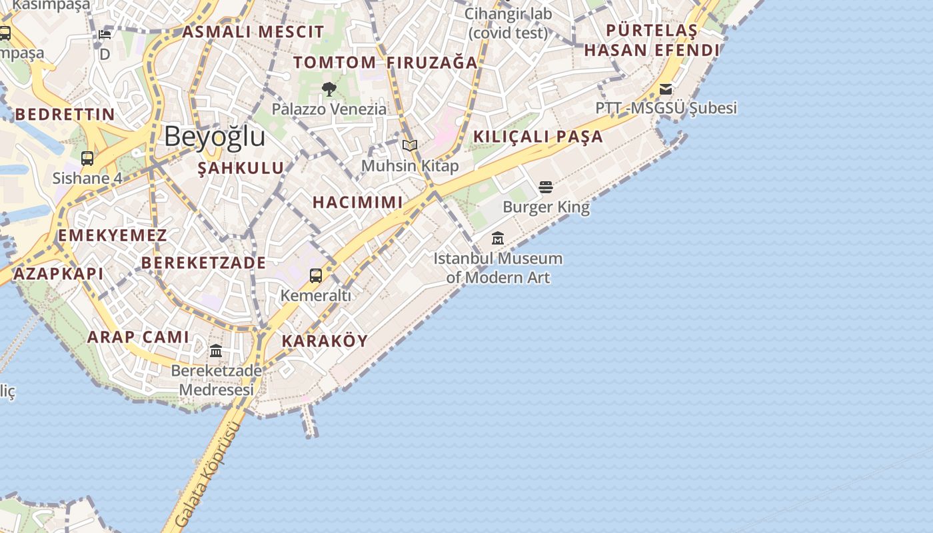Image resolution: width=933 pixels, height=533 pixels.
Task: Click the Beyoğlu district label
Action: click(x=214, y=137)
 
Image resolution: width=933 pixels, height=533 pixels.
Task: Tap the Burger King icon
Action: click(x=546, y=187)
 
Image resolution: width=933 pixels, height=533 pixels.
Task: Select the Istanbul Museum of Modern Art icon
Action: click(x=498, y=238)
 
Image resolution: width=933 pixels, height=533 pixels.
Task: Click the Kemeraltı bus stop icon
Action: click(x=316, y=275)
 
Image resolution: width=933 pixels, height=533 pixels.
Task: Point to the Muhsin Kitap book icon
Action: click(x=409, y=145)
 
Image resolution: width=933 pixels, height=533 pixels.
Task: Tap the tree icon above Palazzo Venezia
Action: click(x=329, y=89)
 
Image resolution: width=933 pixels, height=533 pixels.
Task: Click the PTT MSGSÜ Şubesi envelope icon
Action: click(x=665, y=89)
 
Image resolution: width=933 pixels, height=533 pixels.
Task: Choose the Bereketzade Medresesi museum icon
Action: click(x=216, y=350)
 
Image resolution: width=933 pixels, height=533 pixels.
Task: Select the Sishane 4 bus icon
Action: click(x=87, y=159)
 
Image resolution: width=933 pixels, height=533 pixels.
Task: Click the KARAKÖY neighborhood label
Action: click(x=325, y=341)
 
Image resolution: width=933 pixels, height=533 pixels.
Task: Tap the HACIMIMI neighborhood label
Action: click(x=358, y=203)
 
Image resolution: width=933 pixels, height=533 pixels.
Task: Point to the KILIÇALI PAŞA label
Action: click(x=538, y=137)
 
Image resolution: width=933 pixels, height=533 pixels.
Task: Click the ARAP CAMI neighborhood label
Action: click(x=139, y=337)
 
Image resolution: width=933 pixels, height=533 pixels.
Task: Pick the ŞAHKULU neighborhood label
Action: click(x=241, y=169)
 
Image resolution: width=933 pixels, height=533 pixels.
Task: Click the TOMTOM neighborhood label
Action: click(x=335, y=63)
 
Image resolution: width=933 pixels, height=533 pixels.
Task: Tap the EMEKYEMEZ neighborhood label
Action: click(x=112, y=235)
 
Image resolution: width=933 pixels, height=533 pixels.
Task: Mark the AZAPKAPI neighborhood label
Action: click(x=59, y=274)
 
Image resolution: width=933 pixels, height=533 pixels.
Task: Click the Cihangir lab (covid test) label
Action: click(x=508, y=23)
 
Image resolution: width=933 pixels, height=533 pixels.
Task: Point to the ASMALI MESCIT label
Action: click(x=253, y=32)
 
